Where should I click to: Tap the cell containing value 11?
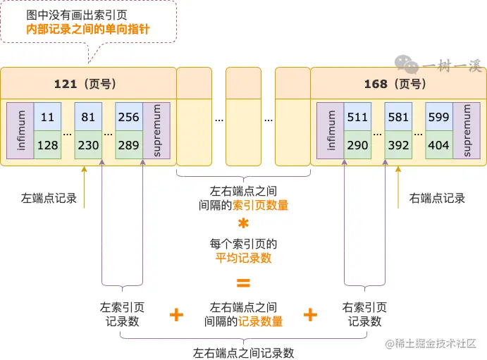click(47, 117)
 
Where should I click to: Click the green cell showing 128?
click(47, 145)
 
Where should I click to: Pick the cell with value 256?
click(129, 117)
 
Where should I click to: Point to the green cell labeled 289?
click(129, 145)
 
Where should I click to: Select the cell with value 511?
click(357, 117)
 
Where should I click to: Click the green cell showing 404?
click(438, 145)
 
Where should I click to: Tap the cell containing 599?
click(438, 117)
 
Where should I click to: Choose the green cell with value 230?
click(88, 145)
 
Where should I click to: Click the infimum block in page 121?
click(20, 131)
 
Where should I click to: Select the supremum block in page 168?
click(462, 131)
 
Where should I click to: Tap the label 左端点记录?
click(49, 198)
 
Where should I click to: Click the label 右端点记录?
click(437, 198)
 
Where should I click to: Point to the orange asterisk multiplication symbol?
click(243, 225)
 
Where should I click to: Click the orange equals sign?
click(243, 284)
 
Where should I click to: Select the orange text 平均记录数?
click(243, 258)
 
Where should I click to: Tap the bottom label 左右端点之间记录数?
click(243, 352)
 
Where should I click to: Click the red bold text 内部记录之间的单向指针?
click(88, 29)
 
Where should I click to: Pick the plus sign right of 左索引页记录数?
click(177, 315)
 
